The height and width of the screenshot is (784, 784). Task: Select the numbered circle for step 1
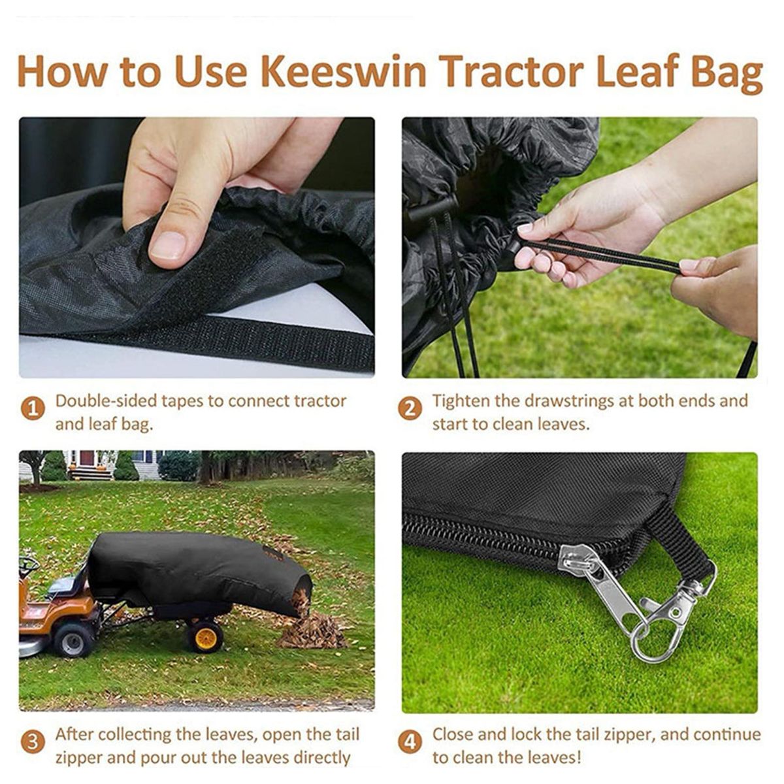[33, 409]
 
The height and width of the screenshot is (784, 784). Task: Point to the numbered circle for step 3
[33, 742]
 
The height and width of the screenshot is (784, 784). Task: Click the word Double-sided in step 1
[106, 401]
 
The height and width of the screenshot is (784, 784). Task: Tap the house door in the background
[87, 459]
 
